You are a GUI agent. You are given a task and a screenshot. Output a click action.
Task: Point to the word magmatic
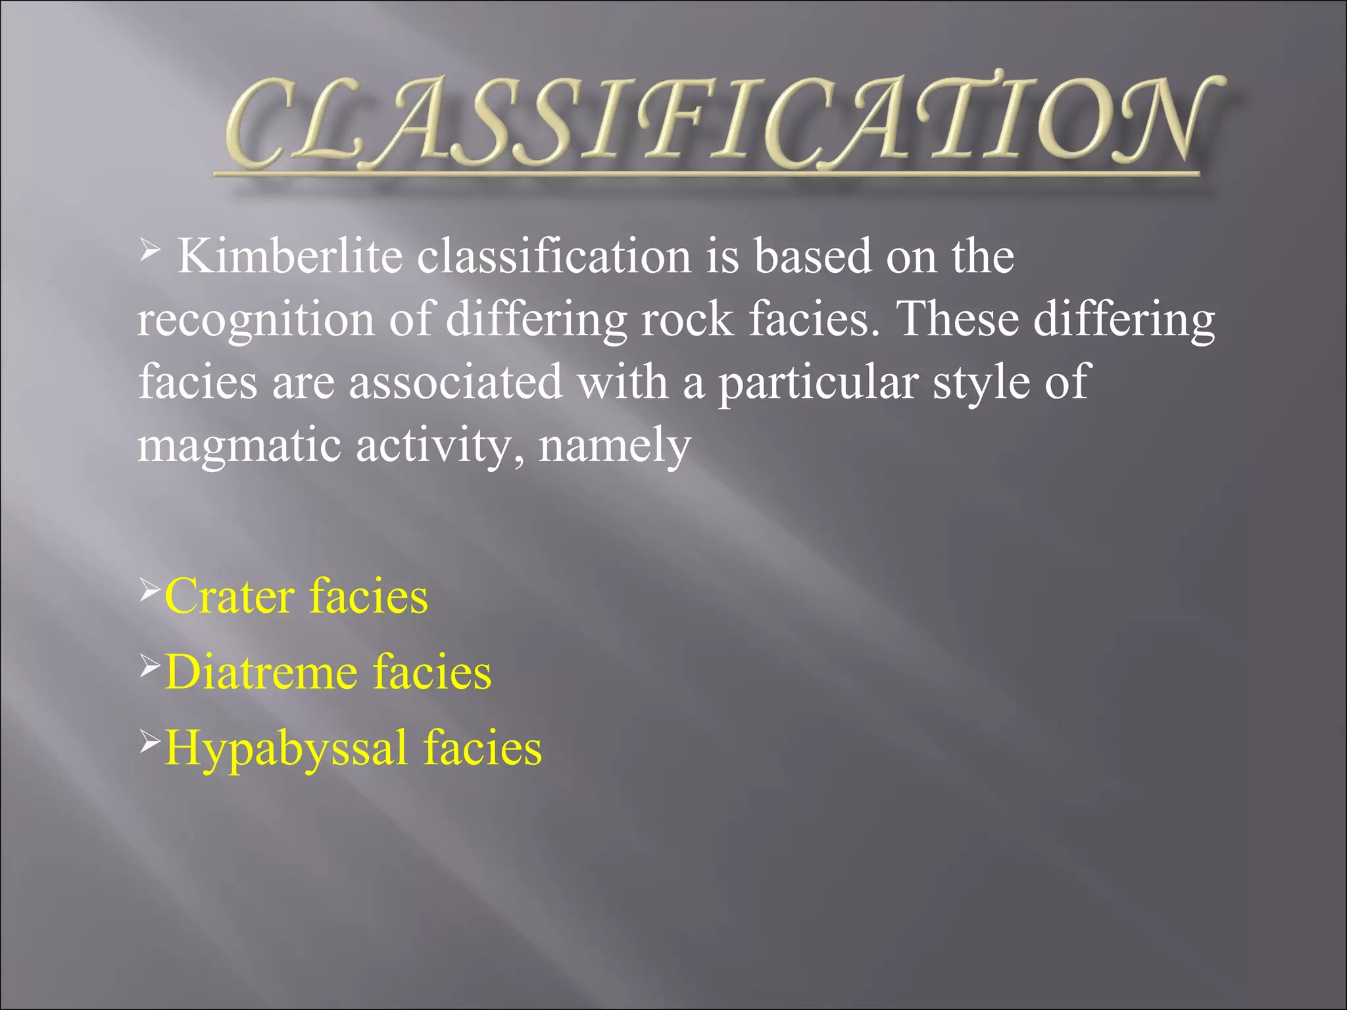tap(239, 446)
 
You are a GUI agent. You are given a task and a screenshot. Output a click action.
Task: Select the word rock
tap(687, 320)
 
